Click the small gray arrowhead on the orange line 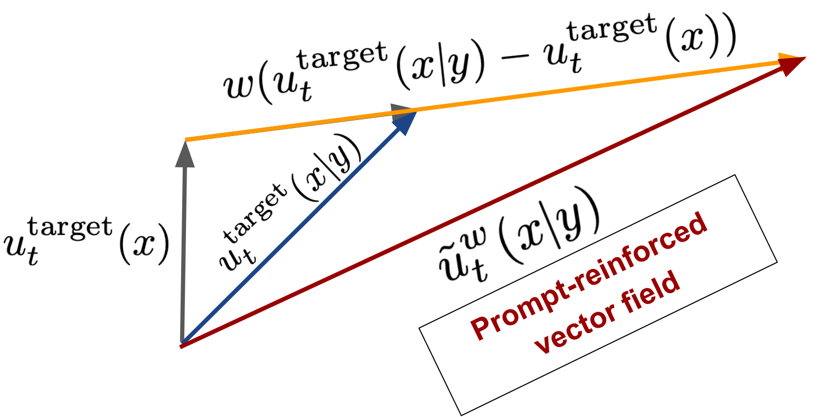400,111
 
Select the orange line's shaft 564,88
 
